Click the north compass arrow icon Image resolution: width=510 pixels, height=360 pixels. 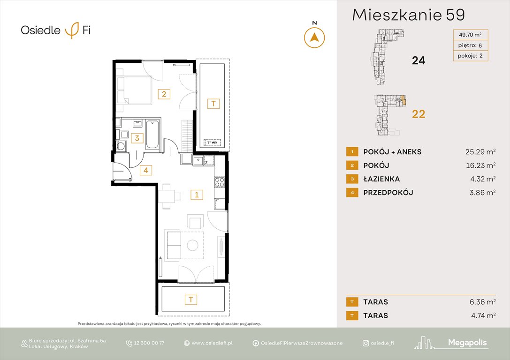pyautogui.click(x=314, y=37)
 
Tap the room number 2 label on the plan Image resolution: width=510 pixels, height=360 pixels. pyautogui.click(x=164, y=94)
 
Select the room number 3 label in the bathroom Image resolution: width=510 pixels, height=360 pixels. pyautogui.click(x=137, y=138)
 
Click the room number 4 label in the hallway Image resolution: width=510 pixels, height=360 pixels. pyautogui.click(x=146, y=170)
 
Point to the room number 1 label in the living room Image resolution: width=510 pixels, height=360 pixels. pyautogui.click(x=197, y=194)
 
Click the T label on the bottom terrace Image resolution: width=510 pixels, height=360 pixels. pyautogui.click(x=190, y=299)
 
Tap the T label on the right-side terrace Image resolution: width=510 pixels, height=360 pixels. pyautogui.click(x=213, y=104)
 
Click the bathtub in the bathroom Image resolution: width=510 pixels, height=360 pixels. pyautogui.click(x=152, y=135)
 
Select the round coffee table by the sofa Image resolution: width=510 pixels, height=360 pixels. pyautogui.click(x=192, y=245)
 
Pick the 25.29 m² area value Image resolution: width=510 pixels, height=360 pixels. pyautogui.click(x=478, y=152)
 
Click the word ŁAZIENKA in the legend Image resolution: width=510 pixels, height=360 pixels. pyautogui.click(x=381, y=179)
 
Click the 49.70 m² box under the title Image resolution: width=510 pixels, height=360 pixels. pyautogui.click(x=470, y=34)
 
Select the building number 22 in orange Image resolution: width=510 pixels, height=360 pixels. pyautogui.click(x=418, y=114)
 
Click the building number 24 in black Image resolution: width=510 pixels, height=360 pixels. pyautogui.click(x=418, y=60)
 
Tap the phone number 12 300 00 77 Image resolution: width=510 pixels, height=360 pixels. pyautogui.click(x=150, y=343)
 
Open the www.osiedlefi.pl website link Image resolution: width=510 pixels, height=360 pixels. pyautogui.click(x=212, y=343)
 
